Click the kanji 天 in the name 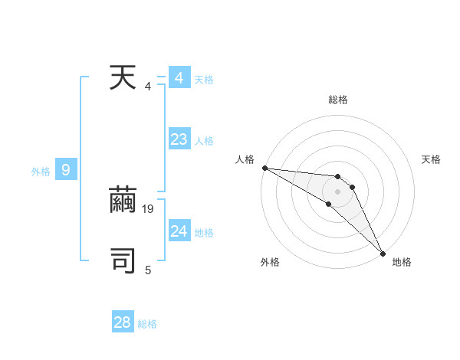(123, 78)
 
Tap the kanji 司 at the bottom (123, 261)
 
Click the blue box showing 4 (179, 78)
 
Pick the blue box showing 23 (179, 139)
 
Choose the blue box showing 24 (179, 231)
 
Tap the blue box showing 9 (66, 170)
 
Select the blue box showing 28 (123, 322)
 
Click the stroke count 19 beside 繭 (149, 208)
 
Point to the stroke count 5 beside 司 (148, 270)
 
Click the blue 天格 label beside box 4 (204, 80)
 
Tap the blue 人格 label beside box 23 (204, 141)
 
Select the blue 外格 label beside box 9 (41, 172)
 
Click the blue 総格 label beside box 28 (147, 324)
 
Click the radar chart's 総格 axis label (338, 100)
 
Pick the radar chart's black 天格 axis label (432, 159)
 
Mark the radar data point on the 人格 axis (264, 168)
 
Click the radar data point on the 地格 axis (383, 253)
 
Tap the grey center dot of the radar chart (337, 191)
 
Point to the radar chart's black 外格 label (270, 262)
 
